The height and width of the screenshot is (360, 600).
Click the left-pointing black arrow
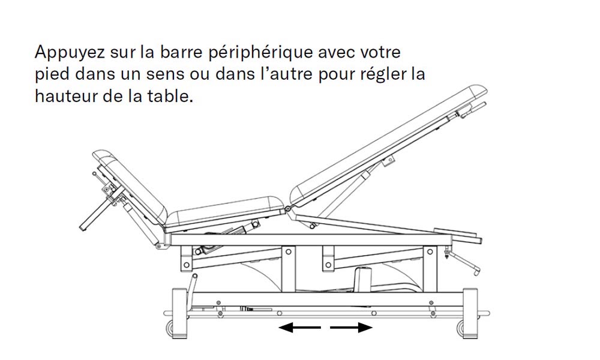(299, 328)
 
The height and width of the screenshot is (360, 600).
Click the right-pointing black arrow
(351, 328)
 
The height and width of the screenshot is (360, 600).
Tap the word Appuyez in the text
(70, 52)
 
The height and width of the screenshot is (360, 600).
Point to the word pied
(52, 74)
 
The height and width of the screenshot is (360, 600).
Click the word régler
(383, 74)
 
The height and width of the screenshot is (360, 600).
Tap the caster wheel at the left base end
(169, 328)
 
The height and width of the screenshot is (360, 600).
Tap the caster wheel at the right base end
(460, 328)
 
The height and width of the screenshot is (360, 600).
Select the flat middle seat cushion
(225, 212)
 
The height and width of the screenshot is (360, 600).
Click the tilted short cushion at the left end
(130, 187)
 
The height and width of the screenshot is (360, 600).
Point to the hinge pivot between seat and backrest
(287, 209)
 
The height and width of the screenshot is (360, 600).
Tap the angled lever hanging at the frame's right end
(464, 262)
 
